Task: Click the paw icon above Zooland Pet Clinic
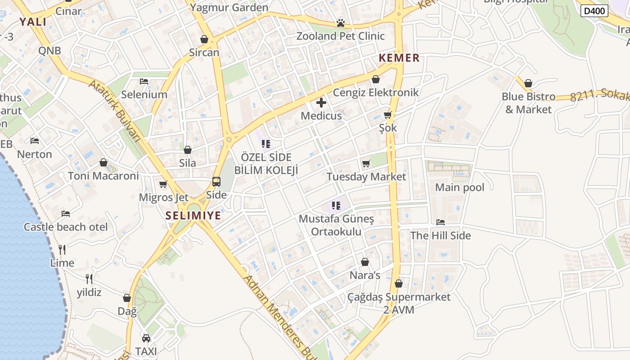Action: click(x=341, y=22)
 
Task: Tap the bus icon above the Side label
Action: click(x=216, y=182)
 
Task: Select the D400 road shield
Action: click(x=594, y=11)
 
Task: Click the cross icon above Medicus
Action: click(x=321, y=103)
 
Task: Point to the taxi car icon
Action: click(x=146, y=338)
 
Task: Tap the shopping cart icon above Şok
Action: click(x=388, y=115)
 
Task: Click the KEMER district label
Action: click(x=399, y=58)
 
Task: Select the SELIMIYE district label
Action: click(x=193, y=216)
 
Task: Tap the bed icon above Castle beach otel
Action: click(x=66, y=213)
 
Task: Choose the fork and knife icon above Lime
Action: click(x=62, y=249)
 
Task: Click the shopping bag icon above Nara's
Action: click(x=365, y=262)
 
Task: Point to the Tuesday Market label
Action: click(x=366, y=177)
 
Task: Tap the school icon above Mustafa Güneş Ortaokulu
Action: click(x=336, y=206)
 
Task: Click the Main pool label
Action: click(x=459, y=187)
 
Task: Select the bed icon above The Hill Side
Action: click(x=441, y=222)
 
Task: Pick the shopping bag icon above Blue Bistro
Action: click(x=528, y=83)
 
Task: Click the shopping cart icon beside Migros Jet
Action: click(x=163, y=184)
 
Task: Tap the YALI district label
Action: click(x=33, y=22)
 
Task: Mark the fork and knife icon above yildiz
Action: click(x=89, y=279)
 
